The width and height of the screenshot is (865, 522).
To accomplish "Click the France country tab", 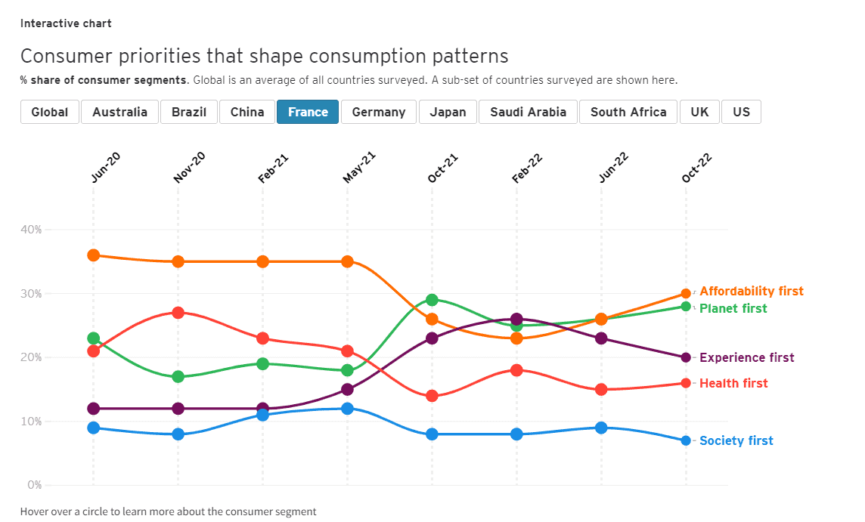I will click(308, 112).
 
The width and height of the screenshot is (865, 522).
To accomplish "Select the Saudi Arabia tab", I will click(528, 112).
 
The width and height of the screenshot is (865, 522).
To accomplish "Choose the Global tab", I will click(49, 112).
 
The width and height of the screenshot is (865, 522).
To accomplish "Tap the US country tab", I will click(741, 112).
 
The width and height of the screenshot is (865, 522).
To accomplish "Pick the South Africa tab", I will click(628, 112).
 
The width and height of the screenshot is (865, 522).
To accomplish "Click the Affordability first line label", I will click(751, 292).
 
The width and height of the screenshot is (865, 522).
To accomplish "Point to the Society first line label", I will click(736, 441).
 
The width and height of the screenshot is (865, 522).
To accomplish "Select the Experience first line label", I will click(746, 358).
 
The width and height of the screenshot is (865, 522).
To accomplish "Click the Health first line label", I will click(733, 384).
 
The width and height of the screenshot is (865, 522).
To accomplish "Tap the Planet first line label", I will click(733, 308).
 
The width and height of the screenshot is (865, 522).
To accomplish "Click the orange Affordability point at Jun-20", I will click(94, 255).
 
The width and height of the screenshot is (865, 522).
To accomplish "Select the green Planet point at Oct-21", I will click(432, 300).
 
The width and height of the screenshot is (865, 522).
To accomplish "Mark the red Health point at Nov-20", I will click(178, 313).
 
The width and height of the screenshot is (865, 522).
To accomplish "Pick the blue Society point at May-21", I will click(347, 409).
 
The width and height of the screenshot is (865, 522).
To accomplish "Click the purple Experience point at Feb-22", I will click(516, 320).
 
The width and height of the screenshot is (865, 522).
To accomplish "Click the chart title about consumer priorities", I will click(264, 56).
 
